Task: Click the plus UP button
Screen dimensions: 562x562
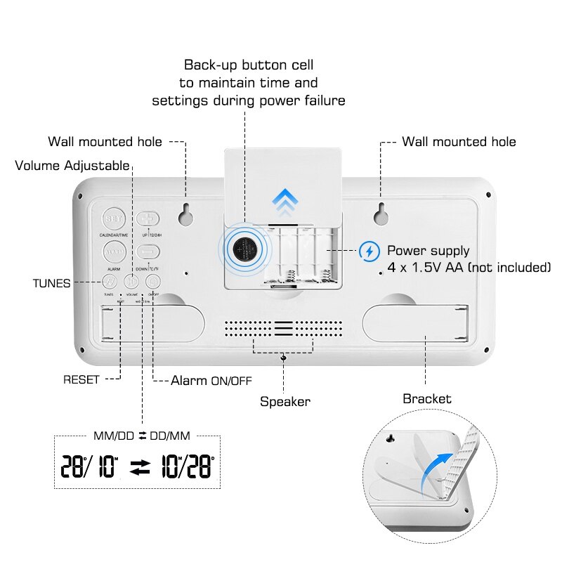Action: (x=148, y=218)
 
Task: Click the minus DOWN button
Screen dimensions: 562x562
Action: (x=148, y=251)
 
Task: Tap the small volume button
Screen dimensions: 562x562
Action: (x=131, y=282)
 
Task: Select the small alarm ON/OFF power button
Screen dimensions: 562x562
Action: (x=153, y=282)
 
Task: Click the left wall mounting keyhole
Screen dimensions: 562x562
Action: (x=186, y=214)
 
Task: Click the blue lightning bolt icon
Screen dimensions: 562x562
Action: (x=369, y=251)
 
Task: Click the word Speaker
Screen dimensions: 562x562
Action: (x=285, y=402)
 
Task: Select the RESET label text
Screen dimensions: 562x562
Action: (x=81, y=380)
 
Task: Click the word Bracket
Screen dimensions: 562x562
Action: (x=426, y=399)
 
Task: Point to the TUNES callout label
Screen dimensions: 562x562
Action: (x=51, y=283)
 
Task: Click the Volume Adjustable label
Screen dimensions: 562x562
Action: (x=72, y=166)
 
